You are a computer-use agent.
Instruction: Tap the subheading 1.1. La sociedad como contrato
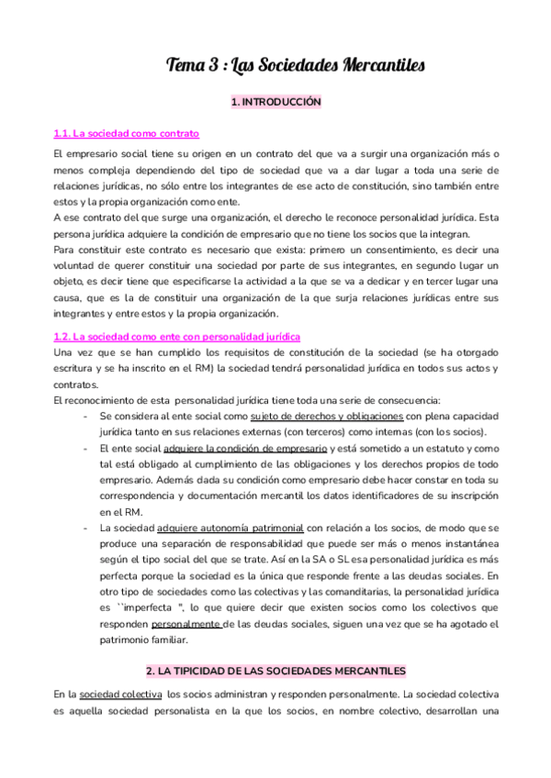[127, 133]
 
